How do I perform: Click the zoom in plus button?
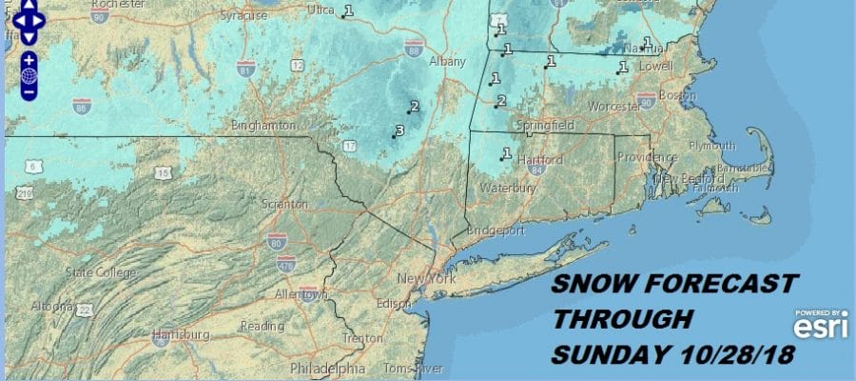(29, 58)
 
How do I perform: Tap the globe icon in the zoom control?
(29, 74)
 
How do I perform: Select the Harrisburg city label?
(183, 335)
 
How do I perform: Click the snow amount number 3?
(399, 130)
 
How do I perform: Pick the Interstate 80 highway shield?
(276, 240)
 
